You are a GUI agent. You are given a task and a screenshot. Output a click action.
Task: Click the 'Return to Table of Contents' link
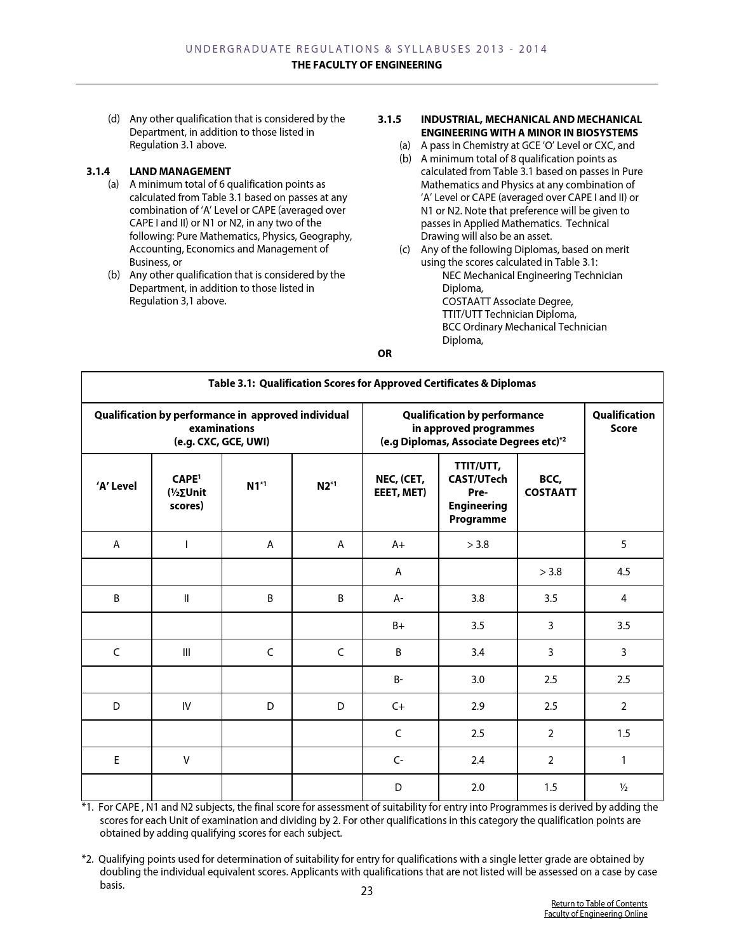tap(599, 903)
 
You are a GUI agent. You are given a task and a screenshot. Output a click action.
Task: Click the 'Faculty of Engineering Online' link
tap(596, 913)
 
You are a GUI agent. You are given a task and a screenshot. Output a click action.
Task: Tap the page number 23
tap(367, 891)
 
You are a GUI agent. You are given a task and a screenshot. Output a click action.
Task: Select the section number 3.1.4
tap(98, 171)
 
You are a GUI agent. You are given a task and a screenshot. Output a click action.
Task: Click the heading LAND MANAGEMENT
tap(180, 171)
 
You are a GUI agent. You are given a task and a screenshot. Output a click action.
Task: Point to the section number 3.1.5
tap(389, 119)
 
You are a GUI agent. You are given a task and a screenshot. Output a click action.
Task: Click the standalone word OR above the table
tap(384, 353)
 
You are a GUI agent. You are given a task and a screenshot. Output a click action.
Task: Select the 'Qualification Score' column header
tap(623, 421)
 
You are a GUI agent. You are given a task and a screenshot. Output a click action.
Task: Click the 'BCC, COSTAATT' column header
tap(550, 486)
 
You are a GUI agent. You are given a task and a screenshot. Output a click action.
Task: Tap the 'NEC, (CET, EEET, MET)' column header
tap(400, 486)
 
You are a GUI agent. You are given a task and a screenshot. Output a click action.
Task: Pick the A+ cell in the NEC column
tap(398, 544)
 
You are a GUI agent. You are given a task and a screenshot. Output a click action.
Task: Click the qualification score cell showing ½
tap(623, 787)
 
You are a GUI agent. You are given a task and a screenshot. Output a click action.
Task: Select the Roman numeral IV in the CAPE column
tap(186, 706)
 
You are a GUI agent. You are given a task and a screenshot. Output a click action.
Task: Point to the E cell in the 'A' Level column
tap(116, 760)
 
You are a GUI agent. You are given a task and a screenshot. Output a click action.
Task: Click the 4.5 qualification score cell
tap(623, 572)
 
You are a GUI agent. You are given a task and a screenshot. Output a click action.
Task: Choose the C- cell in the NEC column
tap(398, 760)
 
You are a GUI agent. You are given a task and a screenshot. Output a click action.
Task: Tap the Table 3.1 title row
tap(371, 383)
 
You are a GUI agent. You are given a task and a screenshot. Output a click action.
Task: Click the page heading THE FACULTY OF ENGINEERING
tap(366, 65)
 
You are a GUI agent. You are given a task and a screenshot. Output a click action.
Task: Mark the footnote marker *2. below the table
tap(88, 859)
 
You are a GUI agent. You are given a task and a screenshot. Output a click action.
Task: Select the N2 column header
tap(326, 486)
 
